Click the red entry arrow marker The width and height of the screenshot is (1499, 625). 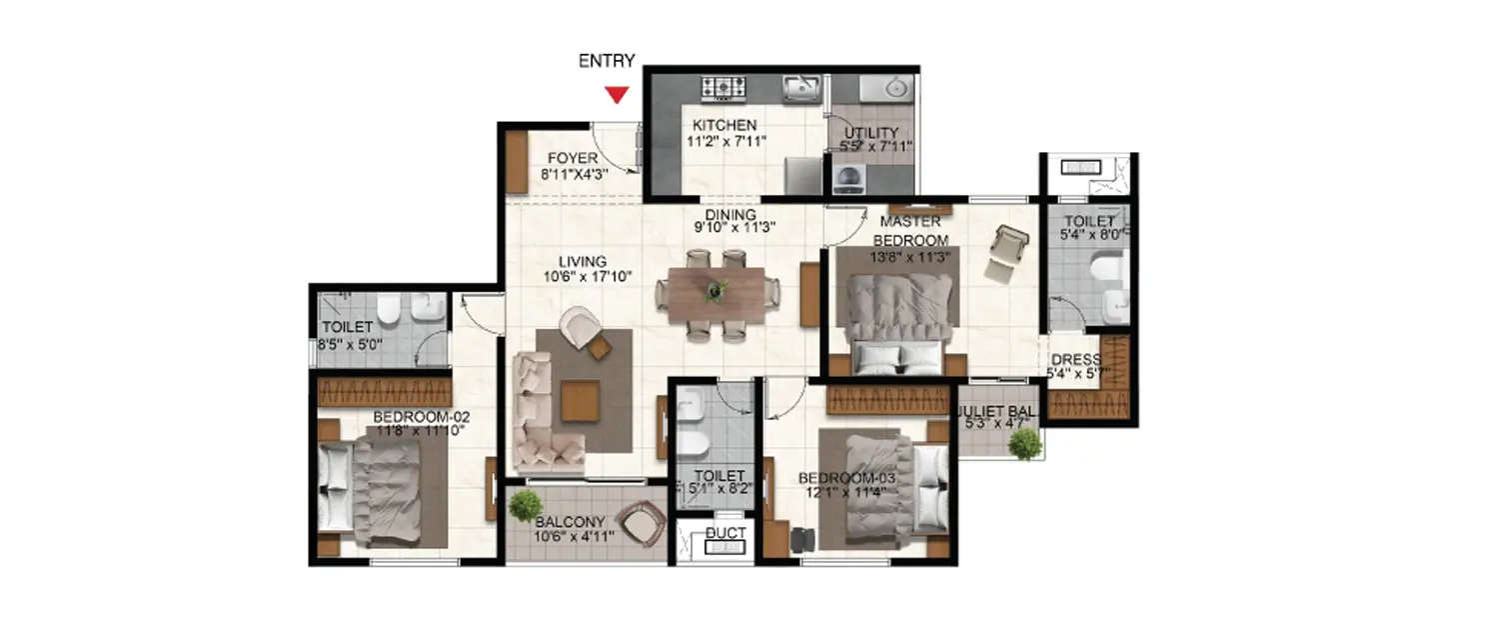(618, 95)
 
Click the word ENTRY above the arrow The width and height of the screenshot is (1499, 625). (607, 62)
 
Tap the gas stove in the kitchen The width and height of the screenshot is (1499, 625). (724, 89)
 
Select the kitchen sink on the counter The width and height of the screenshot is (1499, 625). (800, 90)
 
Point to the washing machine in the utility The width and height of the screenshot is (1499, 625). (850, 178)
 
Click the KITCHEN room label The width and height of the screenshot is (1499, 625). (725, 125)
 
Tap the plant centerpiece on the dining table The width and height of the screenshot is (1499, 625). (716, 291)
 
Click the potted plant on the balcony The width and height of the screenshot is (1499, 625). (525, 506)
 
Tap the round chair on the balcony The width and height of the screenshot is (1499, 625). (640, 522)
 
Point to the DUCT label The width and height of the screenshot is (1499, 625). (725, 533)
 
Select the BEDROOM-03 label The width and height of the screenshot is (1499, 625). (848, 477)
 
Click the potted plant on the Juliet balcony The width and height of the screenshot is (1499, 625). (1024, 444)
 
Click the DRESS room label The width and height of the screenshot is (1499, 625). (1075, 360)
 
